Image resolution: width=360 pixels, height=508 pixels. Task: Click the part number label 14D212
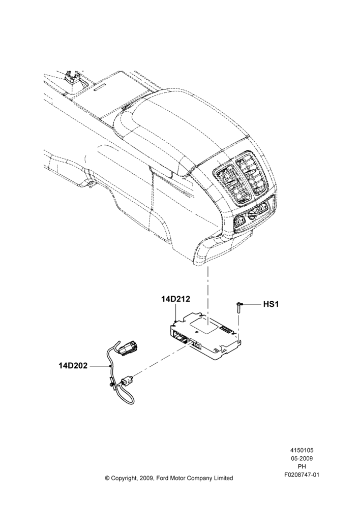(x=175, y=298)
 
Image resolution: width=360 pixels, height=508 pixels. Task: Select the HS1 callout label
(x=271, y=304)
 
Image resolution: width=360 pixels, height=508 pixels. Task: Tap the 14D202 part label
(x=73, y=366)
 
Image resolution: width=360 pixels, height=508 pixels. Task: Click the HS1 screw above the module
(x=238, y=307)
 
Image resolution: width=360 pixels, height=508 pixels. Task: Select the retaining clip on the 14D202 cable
(x=112, y=384)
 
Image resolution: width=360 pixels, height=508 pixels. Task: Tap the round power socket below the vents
(x=251, y=215)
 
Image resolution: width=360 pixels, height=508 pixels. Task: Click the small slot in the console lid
(x=100, y=88)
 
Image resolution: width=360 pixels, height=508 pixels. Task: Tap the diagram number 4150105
(x=302, y=450)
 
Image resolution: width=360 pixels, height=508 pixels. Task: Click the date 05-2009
(x=302, y=458)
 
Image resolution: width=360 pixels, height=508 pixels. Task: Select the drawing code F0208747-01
(x=302, y=475)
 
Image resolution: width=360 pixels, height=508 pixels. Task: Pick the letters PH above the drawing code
(x=302, y=466)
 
